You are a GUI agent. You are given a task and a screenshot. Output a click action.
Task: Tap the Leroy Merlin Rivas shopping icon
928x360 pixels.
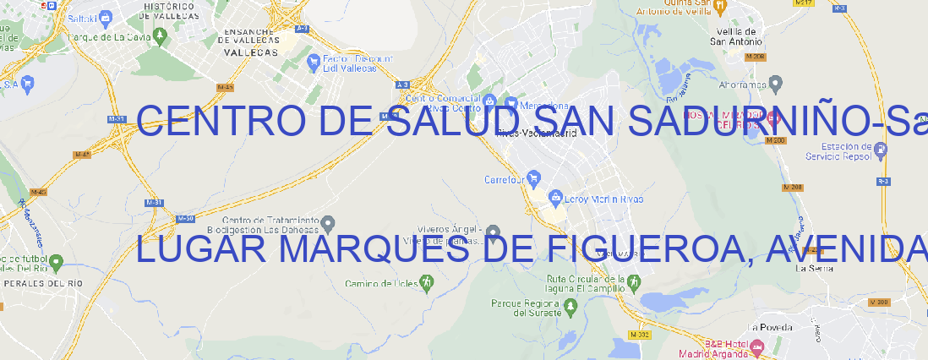[555, 199]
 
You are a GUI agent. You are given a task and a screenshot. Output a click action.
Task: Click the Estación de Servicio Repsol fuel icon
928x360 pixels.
[882, 150]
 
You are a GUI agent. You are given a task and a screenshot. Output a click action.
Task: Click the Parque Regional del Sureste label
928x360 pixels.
[526, 308]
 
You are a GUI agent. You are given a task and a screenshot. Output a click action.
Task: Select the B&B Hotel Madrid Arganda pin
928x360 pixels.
[756, 346]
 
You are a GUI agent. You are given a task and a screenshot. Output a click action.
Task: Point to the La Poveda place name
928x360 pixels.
[771, 327]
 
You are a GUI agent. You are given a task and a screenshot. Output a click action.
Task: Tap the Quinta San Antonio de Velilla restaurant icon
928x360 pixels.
[719, 7]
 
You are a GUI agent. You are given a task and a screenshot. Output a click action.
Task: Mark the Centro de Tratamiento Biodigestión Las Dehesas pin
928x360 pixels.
[329, 224]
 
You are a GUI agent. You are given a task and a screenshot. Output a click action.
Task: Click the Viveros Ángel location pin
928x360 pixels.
[494, 232]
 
